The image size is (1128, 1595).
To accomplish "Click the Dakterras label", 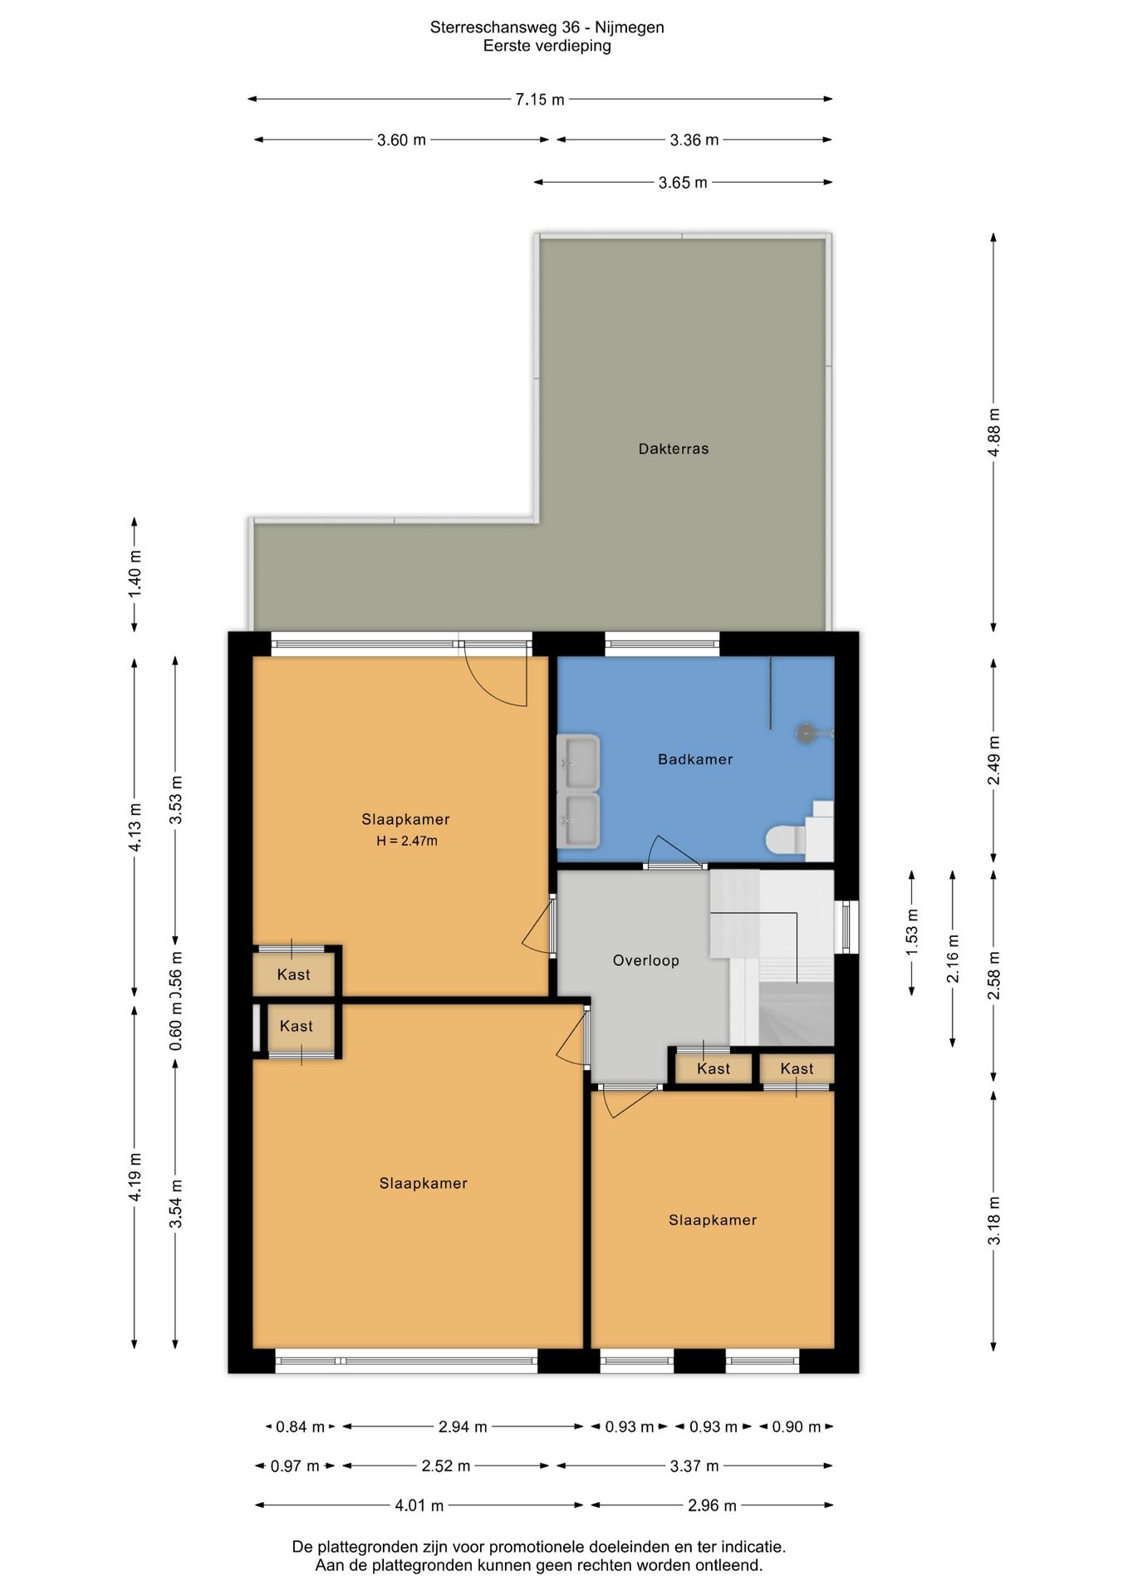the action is tap(674, 449).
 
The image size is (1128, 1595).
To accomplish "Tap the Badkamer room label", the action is tap(695, 759).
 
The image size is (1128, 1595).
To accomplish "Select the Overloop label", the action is tap(646, 960).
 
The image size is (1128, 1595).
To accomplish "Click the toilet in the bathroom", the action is tap(785, 839).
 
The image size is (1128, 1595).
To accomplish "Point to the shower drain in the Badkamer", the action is tap(806, 733).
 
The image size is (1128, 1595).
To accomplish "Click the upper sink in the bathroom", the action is tap(578, 762).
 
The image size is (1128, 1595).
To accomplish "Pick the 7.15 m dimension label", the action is tap(540, 100).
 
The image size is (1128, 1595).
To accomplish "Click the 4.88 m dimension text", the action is tap(993, 432).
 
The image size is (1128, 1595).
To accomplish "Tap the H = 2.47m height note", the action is tap(407, 841).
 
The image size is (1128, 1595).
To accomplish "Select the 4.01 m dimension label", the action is tap(419, 1505).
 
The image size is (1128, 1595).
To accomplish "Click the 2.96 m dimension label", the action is tap(713, 1505).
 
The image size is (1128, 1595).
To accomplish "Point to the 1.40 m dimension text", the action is tap(135, 573).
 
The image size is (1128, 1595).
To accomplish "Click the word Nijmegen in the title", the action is tap(630, 27).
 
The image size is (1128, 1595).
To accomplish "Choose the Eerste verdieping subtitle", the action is tap(547, 46).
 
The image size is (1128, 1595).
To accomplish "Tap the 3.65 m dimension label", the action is tap(683, 183).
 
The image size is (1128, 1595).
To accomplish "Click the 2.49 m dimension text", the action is tap(993, 760).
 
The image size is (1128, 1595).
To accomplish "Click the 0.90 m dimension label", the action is tap(797, 1427).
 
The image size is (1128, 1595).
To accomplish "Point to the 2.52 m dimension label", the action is tap(446, 1466).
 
